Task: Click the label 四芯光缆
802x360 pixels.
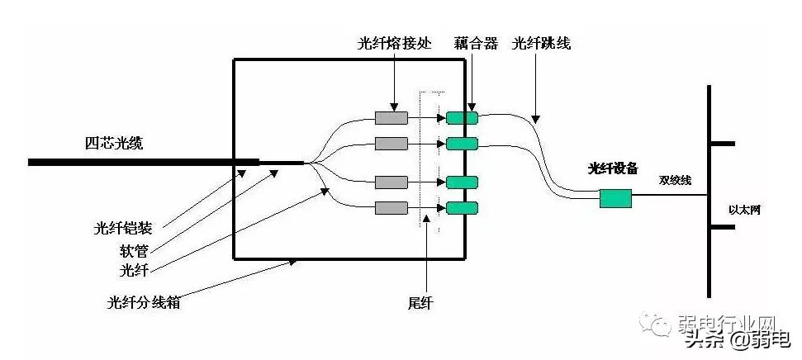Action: point(115,144)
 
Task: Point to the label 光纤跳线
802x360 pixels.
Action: point(542,44)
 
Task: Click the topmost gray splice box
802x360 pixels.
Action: point(392,118)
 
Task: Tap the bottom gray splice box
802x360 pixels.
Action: point(392,207)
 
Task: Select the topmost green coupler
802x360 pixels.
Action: point(462,118)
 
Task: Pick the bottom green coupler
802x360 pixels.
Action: point(462,207)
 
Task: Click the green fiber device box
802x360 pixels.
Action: point(615,198)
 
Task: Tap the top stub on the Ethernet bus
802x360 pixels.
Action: point(722,143)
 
